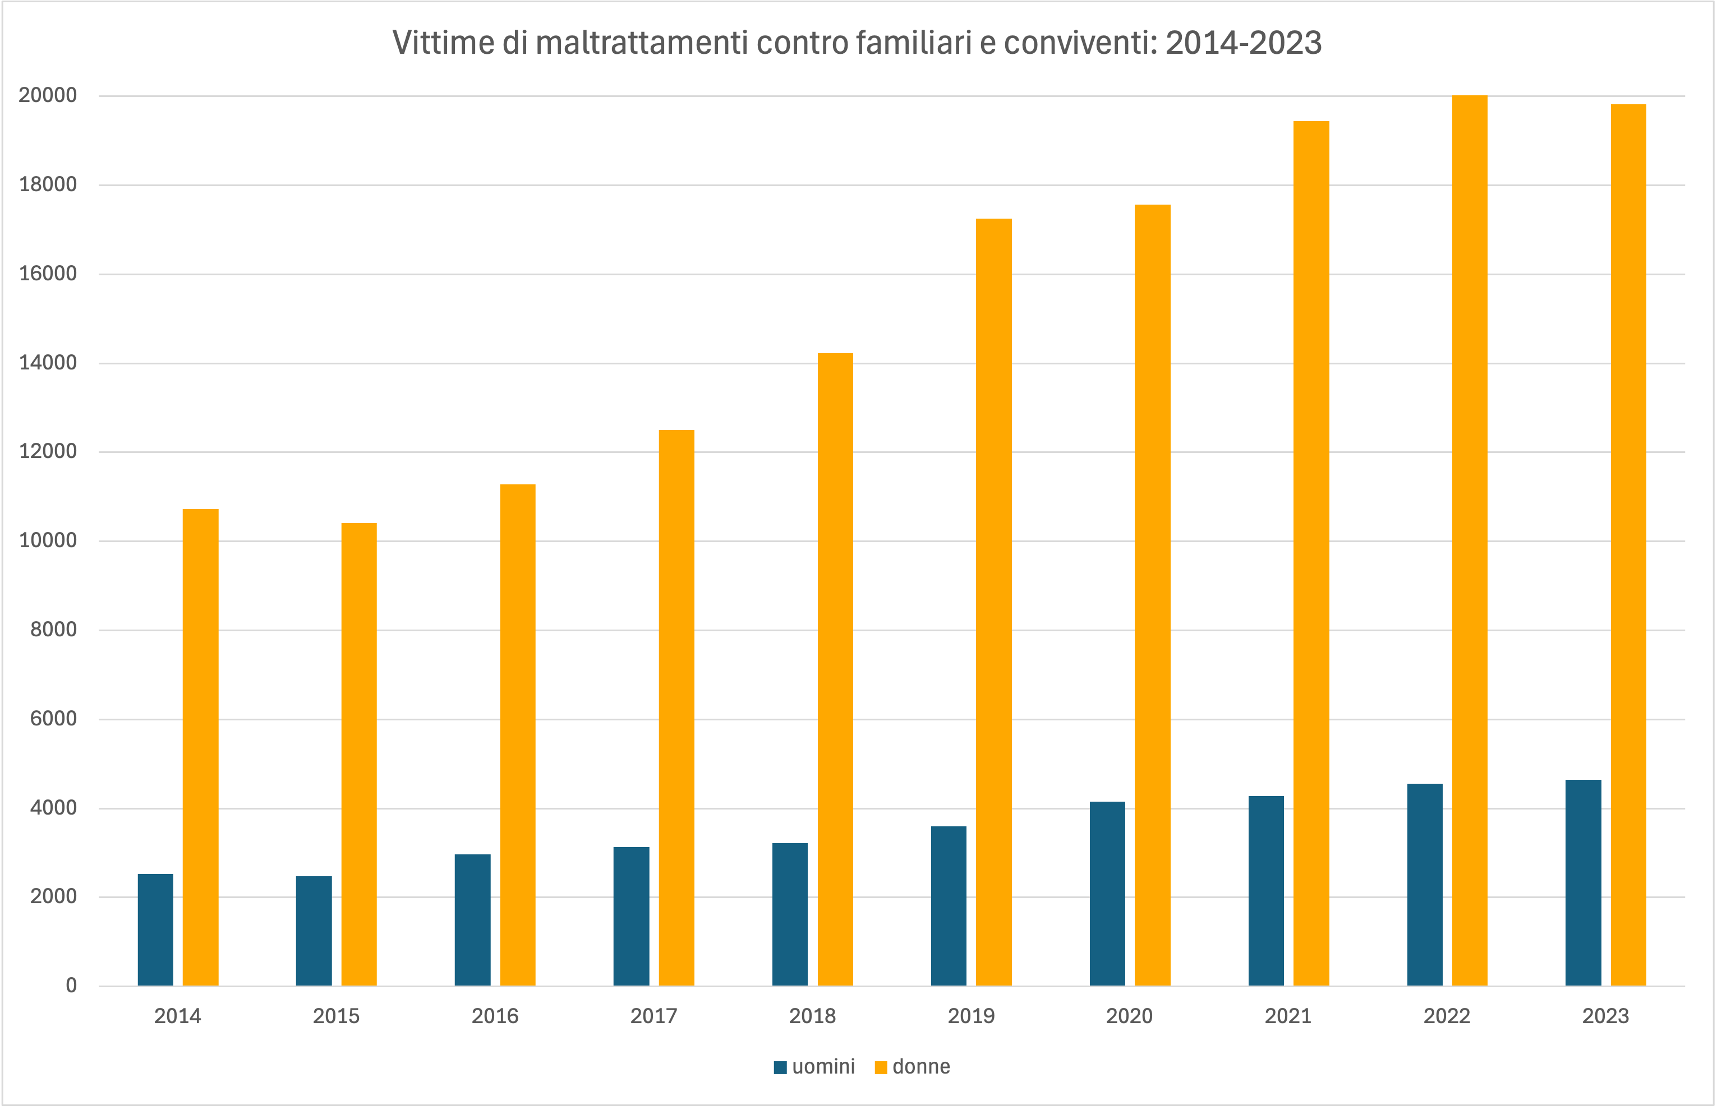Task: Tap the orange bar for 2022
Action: [x=1469, y=540]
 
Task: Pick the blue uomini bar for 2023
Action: [x=1583, y=882]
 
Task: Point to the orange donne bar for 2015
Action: [x=358, y=754]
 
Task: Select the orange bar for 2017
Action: [x=676, y=707]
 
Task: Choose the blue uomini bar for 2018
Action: [x=790, y=914]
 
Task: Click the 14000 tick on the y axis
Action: [x=48, y=363]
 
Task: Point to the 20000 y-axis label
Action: [x=48, y=95]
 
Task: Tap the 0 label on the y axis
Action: [x=71, y=986]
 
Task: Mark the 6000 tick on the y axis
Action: [x=53, y=719]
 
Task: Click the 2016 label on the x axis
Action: [x=495, y=1016]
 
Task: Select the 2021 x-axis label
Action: [x=1288, y=1016]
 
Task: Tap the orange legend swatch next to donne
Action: [x=881, y=1067]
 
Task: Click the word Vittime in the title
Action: [x=442, y=43]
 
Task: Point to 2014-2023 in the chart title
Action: [x=1243, y=43]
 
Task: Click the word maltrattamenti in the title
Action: [x=642, y=43]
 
